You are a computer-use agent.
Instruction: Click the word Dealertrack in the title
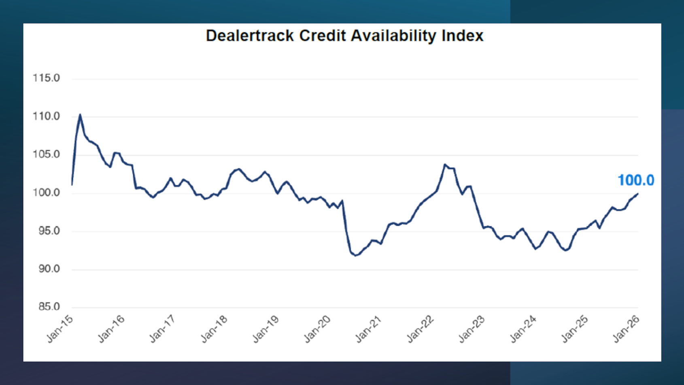[250, 36]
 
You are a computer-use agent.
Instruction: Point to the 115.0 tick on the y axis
[46, 78]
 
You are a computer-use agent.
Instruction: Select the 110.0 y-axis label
[46, 116]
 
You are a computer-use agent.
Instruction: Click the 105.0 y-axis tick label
[46, 154]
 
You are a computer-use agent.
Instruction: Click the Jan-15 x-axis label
[60, 329]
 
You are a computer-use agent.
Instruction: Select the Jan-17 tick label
[163, 329]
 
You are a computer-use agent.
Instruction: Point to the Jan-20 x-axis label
[317, 329]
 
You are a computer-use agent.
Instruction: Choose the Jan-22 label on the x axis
[421, 329]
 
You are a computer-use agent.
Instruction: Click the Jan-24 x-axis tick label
[523, 329]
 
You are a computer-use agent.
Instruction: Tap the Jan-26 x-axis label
[627, 329]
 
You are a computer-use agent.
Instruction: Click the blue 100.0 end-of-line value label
[635, 180]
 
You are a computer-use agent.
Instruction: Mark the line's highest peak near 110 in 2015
[80, 115]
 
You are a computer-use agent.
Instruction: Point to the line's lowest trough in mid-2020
[355, 255]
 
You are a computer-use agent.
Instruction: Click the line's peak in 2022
[445, 165]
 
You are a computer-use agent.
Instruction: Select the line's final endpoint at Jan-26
[638, 194]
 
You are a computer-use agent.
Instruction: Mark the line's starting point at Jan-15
[72, 185]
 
